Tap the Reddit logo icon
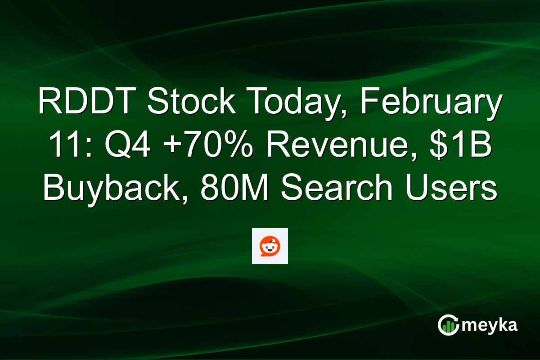[270, 246]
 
